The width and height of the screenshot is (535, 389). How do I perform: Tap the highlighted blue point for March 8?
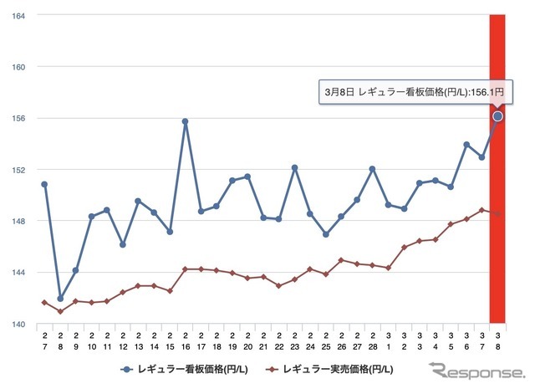click(x=498, y=116)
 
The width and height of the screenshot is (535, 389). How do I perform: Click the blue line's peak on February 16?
click(x=185, y=121)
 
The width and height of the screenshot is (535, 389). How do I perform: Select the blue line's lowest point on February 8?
click(x=60, y=298)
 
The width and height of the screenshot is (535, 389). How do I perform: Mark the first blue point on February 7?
click(x=43, y=184)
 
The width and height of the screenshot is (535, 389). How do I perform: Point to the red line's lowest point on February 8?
click(x=60, y=311)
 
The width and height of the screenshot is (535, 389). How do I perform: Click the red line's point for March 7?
click(x=482, y=210)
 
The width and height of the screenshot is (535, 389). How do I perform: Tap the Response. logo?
click(x=476, y=370)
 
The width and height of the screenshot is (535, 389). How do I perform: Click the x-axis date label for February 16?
click(x=185, y=340)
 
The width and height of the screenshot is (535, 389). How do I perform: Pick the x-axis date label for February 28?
click(x=373, y=340)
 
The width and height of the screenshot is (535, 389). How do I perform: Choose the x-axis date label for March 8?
click(x=498, y=340)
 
